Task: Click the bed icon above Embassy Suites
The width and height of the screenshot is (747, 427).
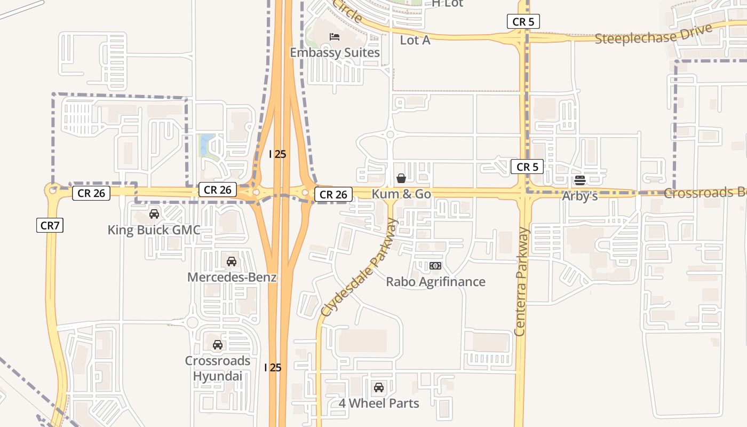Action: tap(335, 36)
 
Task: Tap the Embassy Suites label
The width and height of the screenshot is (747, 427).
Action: tap(335, 52)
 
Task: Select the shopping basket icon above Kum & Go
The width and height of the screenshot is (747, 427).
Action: tap(401, 178)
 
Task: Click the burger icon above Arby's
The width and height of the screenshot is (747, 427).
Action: tap(580, 180)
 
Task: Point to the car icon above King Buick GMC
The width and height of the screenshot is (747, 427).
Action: tap(154, 214)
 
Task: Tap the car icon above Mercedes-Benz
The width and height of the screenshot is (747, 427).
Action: tap(232, 261)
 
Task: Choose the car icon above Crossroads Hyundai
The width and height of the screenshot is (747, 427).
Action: tap(218, 344)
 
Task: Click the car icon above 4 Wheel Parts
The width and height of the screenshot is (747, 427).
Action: tap(379, 387)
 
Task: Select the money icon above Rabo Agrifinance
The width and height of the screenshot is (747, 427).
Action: tap(435, 265)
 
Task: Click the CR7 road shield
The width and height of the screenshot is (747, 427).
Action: tap(50, 225)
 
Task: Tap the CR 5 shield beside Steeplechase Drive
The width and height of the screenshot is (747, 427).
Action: tap(523, 22)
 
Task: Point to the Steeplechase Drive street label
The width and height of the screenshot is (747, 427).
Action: tap(654, 35)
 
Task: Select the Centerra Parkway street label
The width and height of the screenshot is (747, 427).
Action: tap(521, 281)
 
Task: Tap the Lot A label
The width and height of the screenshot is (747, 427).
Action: tap(415, 40)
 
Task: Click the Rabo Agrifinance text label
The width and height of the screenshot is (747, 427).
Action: tap(435, 281)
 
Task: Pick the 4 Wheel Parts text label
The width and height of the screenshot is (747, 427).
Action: tap(379, 403)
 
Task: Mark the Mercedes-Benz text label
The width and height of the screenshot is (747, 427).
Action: tap(232, 277)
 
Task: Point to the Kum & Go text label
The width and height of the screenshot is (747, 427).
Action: tap(401, 194)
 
